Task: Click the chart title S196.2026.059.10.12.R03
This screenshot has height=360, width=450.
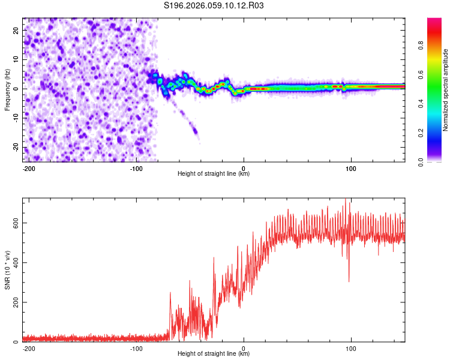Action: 214,5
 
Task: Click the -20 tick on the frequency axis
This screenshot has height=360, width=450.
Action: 16,148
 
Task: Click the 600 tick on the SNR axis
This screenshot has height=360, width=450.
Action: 17,223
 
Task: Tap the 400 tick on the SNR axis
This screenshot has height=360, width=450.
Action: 17,262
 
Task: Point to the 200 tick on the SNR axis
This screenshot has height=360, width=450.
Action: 17,302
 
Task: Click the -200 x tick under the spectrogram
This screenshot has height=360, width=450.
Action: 28,167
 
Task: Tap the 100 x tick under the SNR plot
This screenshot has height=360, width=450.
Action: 350,347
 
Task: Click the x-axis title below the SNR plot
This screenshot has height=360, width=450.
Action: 214,354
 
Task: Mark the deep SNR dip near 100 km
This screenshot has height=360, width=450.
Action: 349,280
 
